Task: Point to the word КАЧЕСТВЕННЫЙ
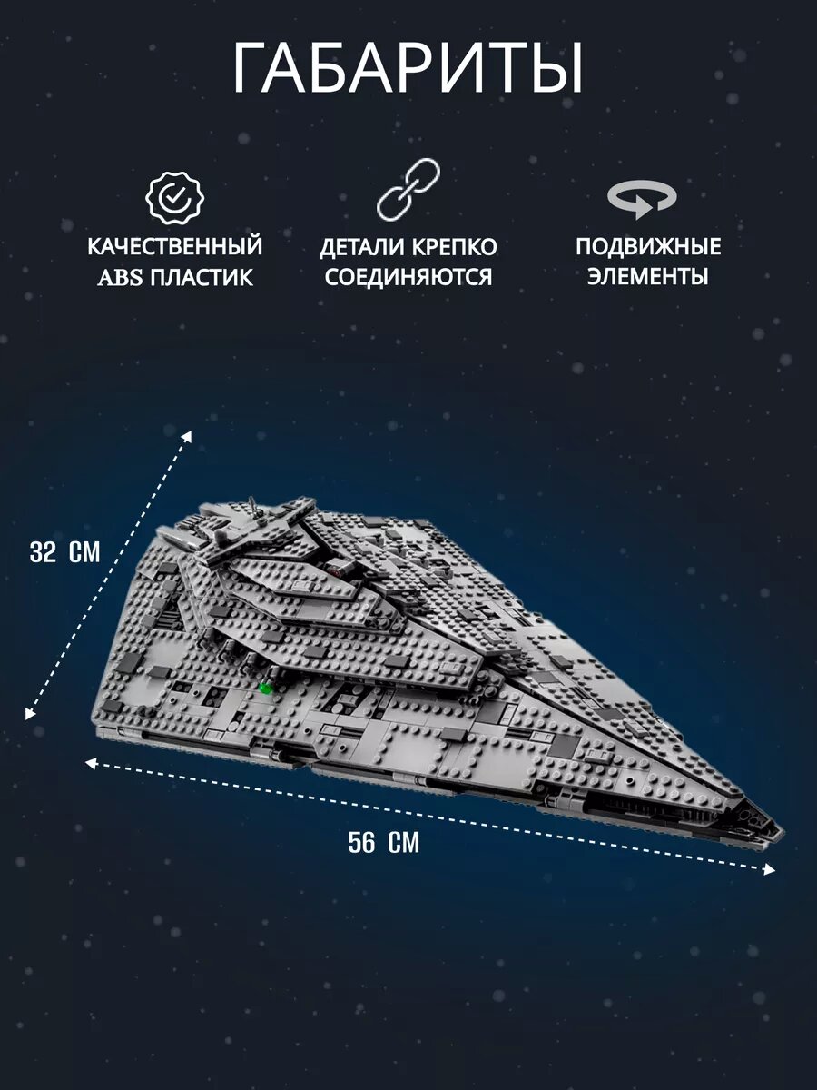(175, 246)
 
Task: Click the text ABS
(121, 277)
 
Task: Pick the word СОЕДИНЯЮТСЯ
(408, 277)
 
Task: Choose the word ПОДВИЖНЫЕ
(648, 247)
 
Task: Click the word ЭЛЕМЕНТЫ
(648, 277)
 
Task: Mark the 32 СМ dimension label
(64, 553)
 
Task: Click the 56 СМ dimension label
(384, 843)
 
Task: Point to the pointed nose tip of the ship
(777, 830)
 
